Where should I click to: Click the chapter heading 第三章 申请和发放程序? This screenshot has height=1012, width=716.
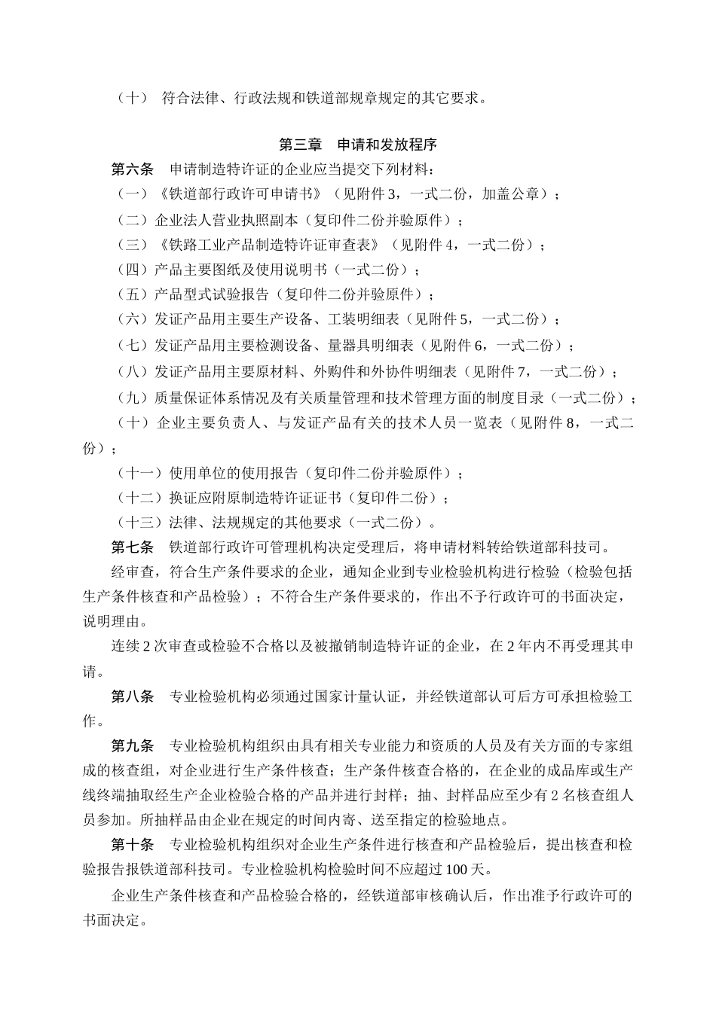pyautogui.click(x=358, y=145)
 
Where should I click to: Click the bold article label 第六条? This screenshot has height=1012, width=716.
pyautogui.click(x=133, y=169)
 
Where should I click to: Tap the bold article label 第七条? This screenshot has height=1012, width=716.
pyautogui.click(x=133, y=547)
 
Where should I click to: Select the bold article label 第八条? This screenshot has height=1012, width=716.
pyautogui.click(x=133, y=697)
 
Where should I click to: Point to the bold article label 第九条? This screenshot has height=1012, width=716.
pyautogui.click(x=133, y=745)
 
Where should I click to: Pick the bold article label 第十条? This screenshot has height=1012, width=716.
pyautogui.click(x=133, y=845)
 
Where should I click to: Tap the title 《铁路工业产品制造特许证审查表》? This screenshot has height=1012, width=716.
pyautogui.click(x=274, y=245)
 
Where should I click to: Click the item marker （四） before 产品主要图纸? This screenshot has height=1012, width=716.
pyautogui.click(x=133, y=270)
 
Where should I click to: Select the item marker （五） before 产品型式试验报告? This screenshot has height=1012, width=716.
pyautogui.click(x=133, y=294)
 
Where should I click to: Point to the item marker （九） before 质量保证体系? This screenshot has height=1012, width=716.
pyautogui.click(x=133, y=398)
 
